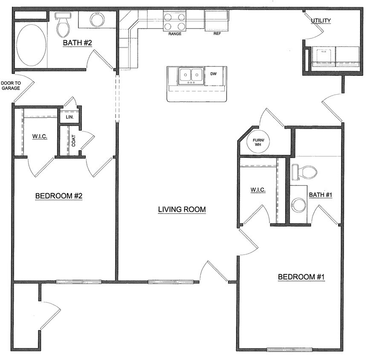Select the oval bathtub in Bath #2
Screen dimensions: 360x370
coord(31,45)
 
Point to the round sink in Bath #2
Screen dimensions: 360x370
coord(98,20)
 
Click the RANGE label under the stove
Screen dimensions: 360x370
coord(175,34)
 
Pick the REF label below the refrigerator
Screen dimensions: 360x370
coord(217,34)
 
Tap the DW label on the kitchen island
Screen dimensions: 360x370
coord(214,74)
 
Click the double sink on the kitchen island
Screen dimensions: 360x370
coord(191,75)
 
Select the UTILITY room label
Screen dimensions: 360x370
coord(321,20)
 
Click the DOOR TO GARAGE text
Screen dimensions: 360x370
coord(11,85)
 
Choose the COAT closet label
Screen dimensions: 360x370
coord(74,141)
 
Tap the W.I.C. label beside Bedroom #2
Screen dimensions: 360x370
coord(39,136)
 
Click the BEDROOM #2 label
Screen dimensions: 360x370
coord(58,196)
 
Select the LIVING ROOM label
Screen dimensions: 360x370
coord(182,209)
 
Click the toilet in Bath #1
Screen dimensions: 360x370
coord(304,172)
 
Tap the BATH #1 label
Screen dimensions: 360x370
coord(321,195)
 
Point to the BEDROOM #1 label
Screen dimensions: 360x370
coord(301,277)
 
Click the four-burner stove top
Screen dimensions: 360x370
coord(175,22)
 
